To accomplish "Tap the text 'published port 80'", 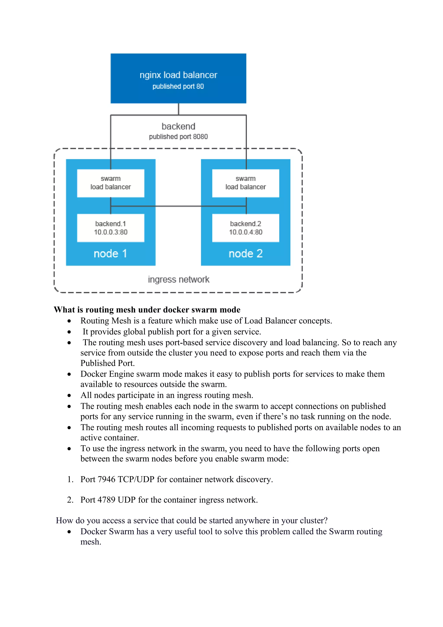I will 178,87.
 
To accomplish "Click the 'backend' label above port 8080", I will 178,126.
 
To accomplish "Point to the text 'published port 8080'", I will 178,137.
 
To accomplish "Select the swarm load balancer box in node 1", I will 111,183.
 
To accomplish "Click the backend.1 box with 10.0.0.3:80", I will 111,228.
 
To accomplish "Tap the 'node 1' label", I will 110,254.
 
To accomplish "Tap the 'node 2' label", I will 245,254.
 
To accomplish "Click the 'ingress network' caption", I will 178,280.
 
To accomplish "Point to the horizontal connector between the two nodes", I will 178,206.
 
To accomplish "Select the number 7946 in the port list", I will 106,479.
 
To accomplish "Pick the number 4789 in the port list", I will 106,500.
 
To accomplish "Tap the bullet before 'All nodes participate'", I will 69,395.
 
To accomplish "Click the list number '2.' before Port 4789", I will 70,500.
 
